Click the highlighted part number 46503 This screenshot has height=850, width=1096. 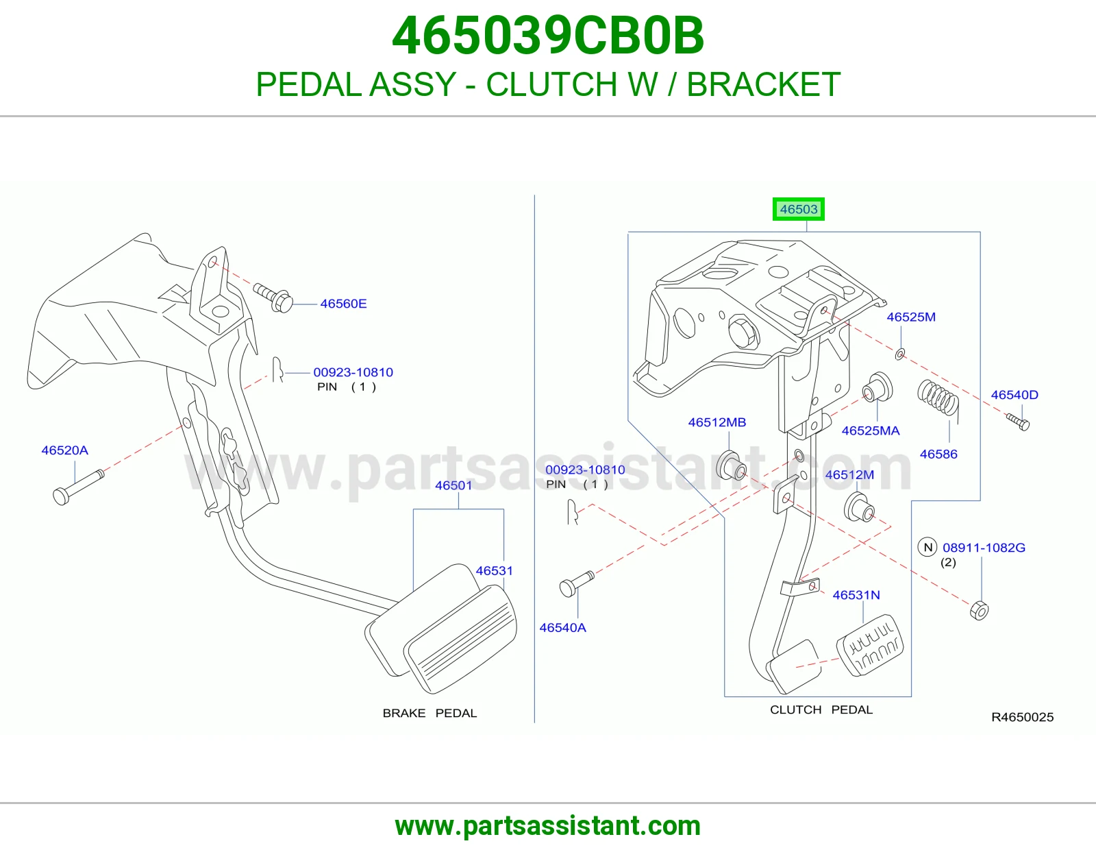point(799,209)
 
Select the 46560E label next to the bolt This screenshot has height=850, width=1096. point(343,304)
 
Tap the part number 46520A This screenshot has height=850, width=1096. point(64,450)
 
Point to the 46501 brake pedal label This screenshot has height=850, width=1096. point(453,485)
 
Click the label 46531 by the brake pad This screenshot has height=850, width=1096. point(495,570)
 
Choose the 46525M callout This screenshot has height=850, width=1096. point(911,317)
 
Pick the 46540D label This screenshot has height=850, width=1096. point(1014,395)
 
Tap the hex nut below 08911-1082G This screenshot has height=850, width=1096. point(979,611)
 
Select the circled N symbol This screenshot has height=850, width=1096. point(927,547)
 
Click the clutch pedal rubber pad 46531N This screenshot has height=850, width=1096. point(870,645)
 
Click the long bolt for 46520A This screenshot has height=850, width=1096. point(78,487)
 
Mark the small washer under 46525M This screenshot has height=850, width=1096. point(900,354)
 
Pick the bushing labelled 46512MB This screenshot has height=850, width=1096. point(731,465)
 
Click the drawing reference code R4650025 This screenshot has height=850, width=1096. point(1022,717)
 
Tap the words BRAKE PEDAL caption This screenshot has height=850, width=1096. point(429,713)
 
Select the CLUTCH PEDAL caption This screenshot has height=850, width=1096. point(821,709)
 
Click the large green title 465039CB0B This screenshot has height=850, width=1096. point(548,36)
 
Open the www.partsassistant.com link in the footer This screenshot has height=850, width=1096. point(548,826)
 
